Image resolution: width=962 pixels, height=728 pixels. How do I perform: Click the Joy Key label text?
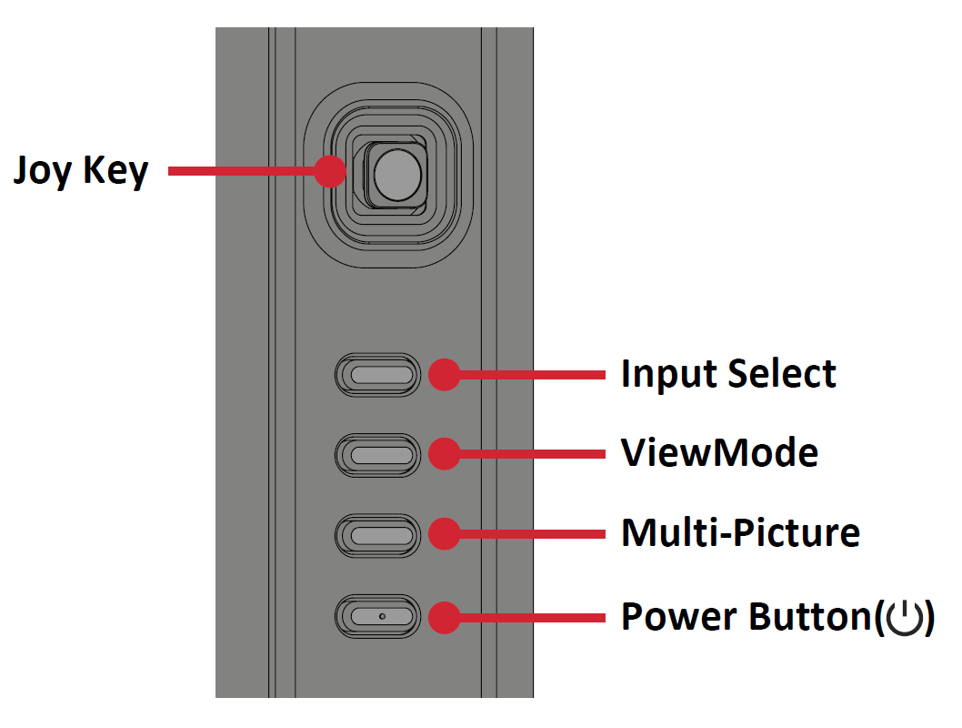click(81, 171)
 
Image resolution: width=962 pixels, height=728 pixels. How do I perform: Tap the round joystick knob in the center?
click(397, 175)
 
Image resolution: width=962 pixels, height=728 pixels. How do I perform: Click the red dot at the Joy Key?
click(330, 171)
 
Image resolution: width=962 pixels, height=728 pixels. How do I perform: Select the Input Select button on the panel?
click(378, 374)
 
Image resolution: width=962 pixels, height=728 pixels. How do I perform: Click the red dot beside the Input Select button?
click(445, 374)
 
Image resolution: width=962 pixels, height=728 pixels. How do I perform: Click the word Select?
click(782, 373)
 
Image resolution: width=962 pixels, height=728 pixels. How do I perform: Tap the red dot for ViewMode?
click(445, 454)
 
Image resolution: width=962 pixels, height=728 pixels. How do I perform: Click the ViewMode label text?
click(719, 453)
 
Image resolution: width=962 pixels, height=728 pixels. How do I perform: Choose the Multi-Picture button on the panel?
click(378, 535)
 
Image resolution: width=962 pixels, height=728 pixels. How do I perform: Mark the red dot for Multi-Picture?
click(445, 533)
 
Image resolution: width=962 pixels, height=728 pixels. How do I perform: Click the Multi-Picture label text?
click(740, 532)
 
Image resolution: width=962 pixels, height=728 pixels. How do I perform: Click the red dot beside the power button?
click(445, 618)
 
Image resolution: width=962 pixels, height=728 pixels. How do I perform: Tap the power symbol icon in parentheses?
click(905, 618)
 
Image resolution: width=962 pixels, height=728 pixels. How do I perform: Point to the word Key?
click(115, 172)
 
